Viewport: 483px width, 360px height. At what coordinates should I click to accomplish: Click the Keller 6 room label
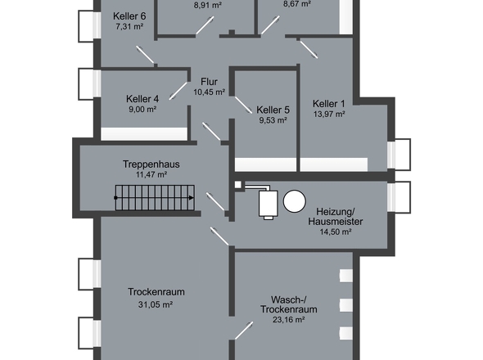point(129,16)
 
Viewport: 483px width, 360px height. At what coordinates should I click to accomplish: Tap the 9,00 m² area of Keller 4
point(142,110)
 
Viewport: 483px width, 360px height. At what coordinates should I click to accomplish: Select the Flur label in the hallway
point(209,82)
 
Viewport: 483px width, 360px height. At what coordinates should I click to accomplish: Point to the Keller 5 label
point(273,110)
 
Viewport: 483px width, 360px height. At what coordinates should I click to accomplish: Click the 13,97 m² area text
point(329,114)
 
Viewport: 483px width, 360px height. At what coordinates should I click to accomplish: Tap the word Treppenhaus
point(151,164)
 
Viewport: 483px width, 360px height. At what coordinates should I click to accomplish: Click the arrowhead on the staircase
point(192,198)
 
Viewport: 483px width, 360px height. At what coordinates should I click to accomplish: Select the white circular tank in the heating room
point(295,201)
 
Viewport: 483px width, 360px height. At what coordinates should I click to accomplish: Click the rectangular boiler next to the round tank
point(268,204)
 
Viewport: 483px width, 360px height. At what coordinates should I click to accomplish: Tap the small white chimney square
point(238,185)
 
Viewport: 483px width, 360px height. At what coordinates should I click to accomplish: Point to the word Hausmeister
point(336,222)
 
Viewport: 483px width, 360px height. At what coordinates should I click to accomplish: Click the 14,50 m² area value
point(336,232)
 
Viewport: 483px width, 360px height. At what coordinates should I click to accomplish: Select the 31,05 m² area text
point(156,304)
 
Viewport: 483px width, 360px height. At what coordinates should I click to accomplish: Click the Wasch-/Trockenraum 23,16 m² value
point(289,320)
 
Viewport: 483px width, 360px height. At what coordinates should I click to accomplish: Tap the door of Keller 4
point(178,91)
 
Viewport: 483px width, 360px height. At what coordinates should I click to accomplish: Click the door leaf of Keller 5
point(243,105)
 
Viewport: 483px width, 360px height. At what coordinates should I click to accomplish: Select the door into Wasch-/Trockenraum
point(244,331)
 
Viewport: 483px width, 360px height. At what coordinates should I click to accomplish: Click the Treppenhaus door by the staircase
point(215,202)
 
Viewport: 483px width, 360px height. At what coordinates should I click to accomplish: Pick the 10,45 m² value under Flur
point(209,92)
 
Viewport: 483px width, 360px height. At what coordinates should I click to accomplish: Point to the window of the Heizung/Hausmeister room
point(399,197)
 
